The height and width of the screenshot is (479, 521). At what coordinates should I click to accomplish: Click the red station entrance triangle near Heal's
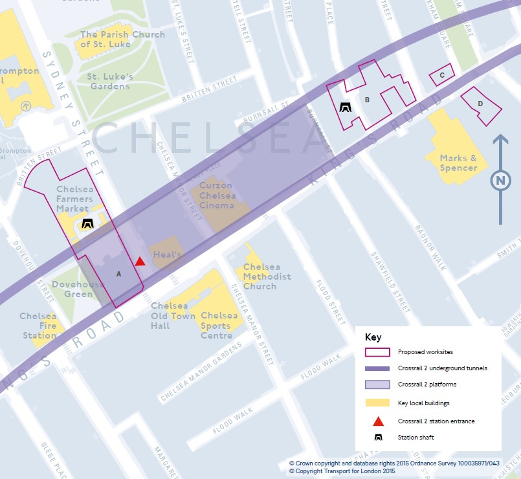140,262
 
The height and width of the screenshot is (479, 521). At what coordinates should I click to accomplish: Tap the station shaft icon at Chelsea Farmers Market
87,224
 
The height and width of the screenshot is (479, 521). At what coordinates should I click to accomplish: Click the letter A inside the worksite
118,274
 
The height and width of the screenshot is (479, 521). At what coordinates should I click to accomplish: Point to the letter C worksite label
441,75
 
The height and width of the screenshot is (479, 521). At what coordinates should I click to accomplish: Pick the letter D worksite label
480,104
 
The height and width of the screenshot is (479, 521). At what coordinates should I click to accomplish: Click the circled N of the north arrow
500,181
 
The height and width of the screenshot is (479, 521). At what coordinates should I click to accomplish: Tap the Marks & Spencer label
458,163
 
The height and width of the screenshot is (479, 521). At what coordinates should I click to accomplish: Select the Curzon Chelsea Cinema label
217,196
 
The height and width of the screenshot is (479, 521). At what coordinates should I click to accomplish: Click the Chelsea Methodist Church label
267,276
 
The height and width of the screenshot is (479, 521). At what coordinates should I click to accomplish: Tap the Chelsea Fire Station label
38,326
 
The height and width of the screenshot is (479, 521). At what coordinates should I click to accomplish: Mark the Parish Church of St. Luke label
122,39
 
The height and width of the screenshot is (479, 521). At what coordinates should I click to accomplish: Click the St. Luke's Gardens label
110,81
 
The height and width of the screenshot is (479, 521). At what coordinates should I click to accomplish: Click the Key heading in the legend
373,337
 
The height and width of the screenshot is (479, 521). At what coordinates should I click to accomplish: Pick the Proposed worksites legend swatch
377,352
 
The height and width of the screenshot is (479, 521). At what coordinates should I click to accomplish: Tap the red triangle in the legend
377,421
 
